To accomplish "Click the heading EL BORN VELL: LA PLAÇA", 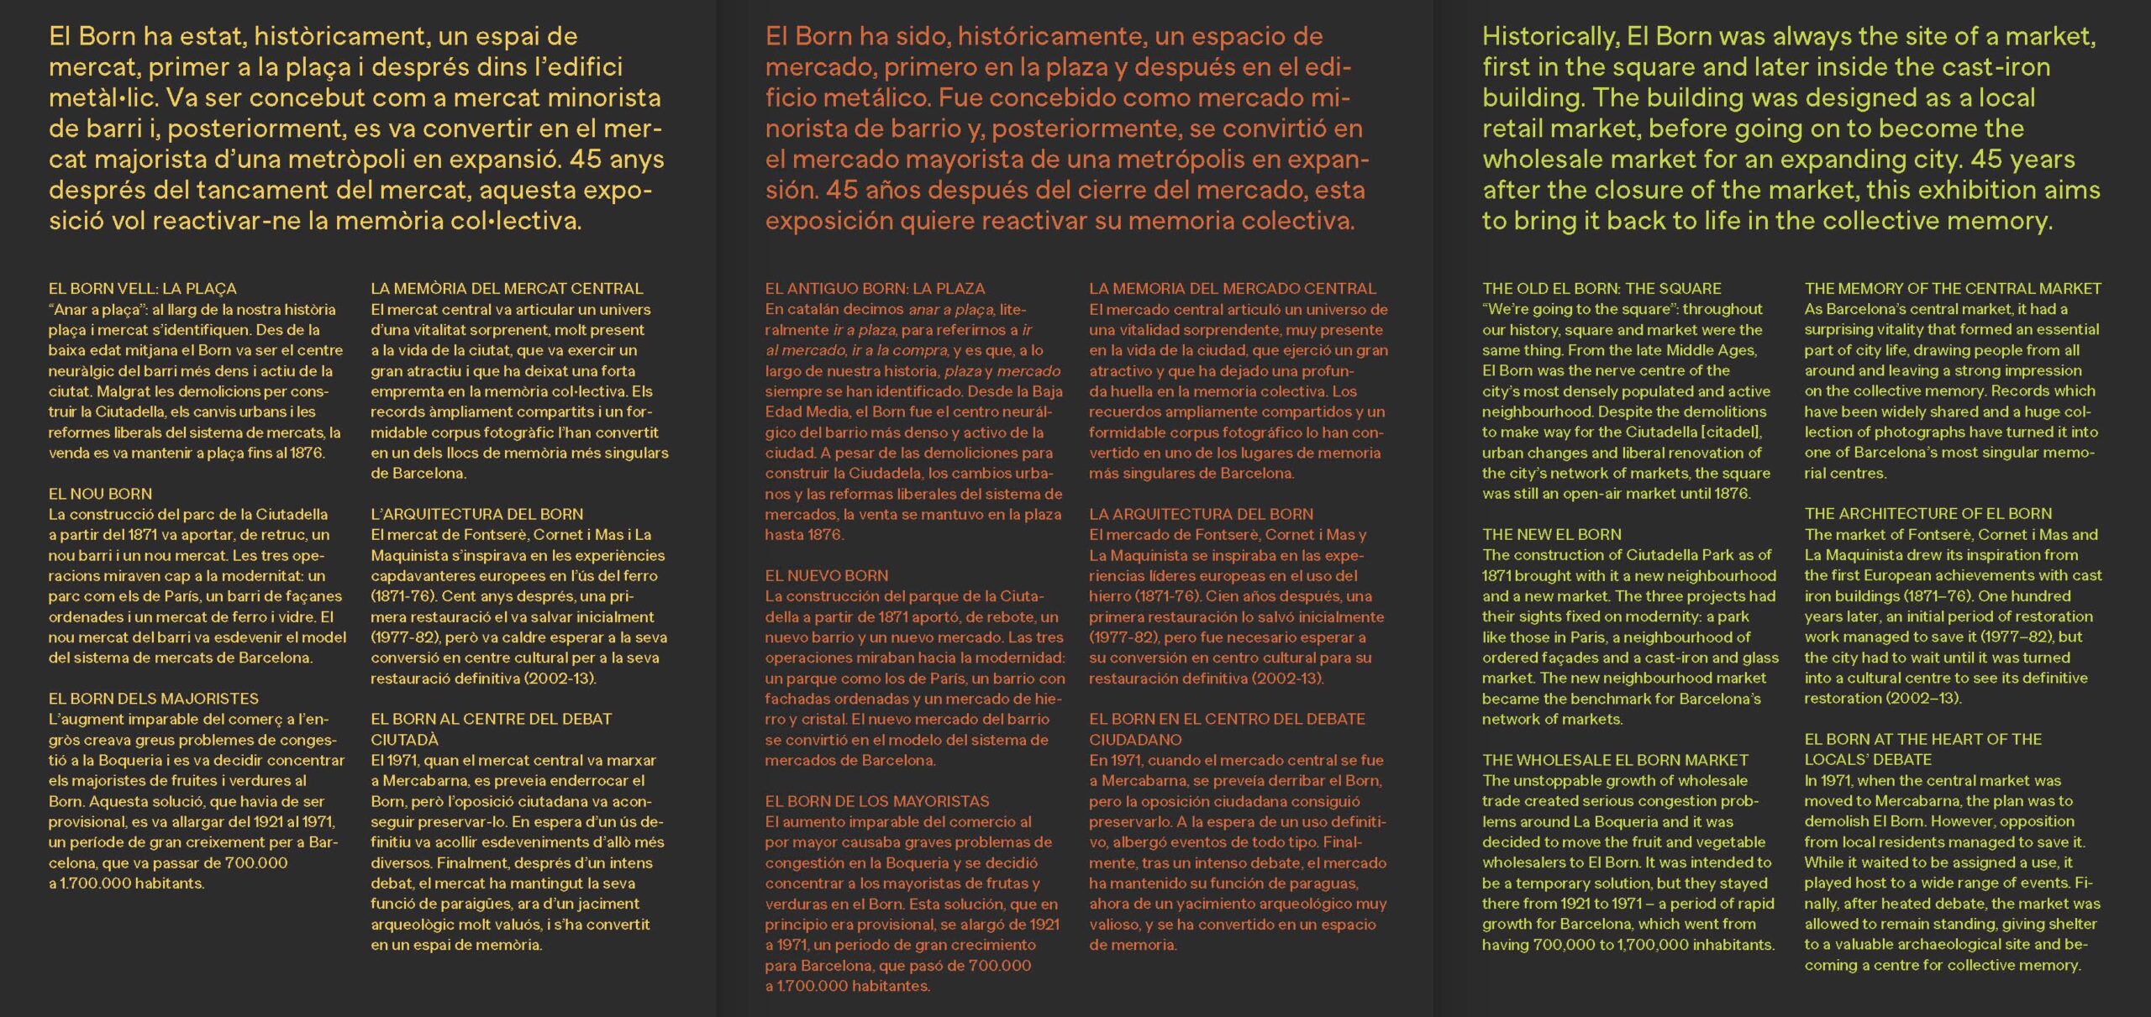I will click(x=142, y=288).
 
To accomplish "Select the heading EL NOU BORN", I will click(x=100, y=494).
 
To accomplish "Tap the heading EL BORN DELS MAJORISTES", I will click(x=153, y=699).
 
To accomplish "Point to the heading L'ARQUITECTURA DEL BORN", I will click(x=476, y=514).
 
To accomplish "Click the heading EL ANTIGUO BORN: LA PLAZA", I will click(x=875, y=288).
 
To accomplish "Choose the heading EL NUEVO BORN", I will click(x=826, y=576).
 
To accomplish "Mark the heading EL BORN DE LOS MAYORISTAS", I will click(x=876, y=801).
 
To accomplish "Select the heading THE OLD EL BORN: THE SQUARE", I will click(x=1601, y=288).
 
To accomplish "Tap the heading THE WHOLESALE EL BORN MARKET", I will click(x=1615, y=760).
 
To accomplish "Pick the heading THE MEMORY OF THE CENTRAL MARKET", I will click(x=1953, y=288).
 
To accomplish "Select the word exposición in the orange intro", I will click(x=828, y=221).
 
